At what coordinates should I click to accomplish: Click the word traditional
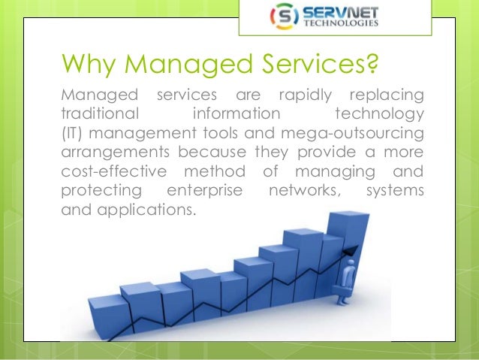(99, 116)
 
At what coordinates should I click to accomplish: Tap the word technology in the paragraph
(378, 116)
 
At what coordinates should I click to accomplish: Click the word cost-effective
(109, 172)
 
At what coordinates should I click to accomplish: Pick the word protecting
(95, 191)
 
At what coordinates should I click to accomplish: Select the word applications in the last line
(149, 210)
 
